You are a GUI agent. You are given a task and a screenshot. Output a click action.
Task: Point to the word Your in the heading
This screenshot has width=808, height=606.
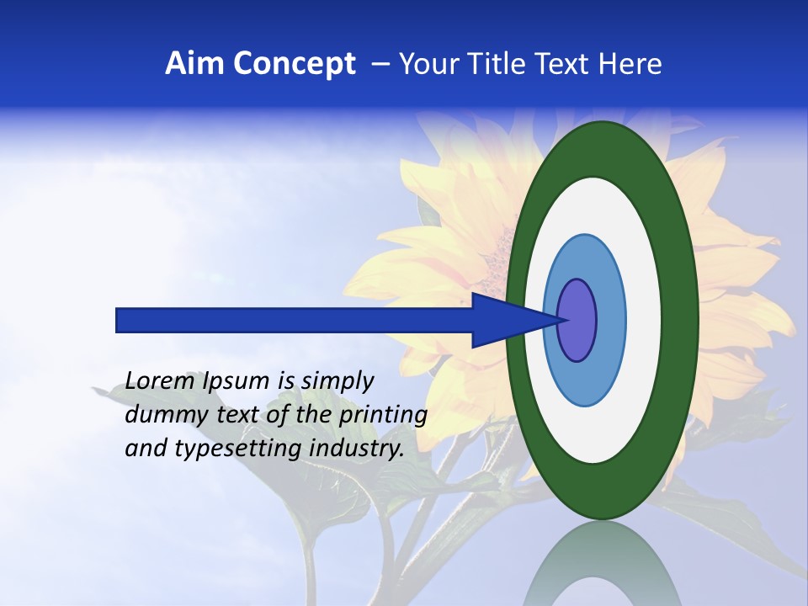point(428,64)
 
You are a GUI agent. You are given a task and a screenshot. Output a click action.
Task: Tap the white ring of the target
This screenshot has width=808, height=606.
point(641,320)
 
